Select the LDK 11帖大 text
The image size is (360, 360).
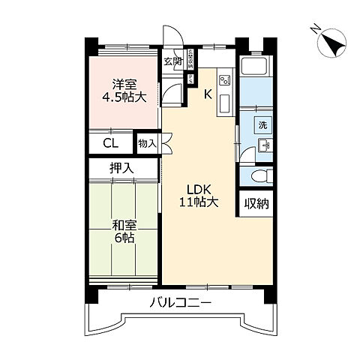[198, 195]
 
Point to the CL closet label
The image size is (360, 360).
[110, 143]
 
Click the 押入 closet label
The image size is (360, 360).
[122, 169]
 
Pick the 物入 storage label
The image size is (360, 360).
[147, 142]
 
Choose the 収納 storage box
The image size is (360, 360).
[256, 203]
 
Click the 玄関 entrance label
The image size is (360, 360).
[172, 61]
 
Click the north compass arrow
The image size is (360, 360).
[331, 43]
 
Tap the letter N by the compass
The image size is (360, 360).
[316, 30]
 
